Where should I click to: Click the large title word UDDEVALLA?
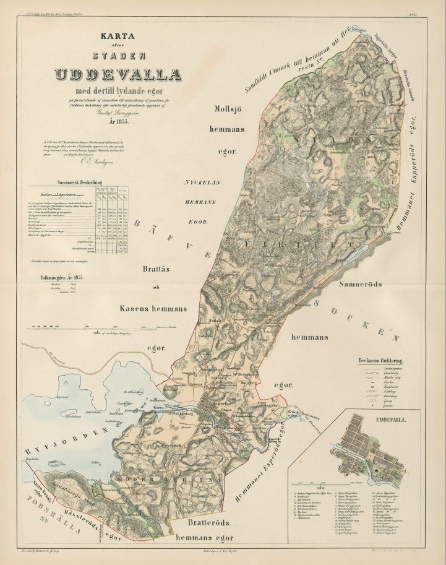(118, 75)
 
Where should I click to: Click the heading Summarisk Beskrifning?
(80, 183)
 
